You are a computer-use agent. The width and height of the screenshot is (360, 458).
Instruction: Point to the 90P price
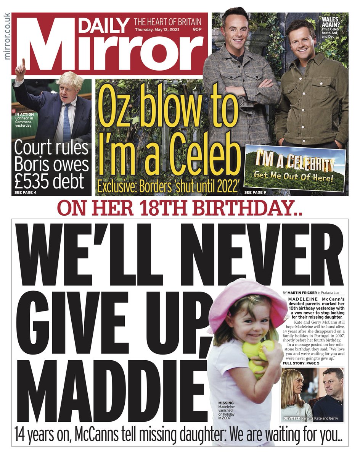tap(196, 29)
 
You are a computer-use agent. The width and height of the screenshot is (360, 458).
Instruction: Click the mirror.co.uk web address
tap(6, 36)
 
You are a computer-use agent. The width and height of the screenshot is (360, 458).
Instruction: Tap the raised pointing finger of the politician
tap(22, 62)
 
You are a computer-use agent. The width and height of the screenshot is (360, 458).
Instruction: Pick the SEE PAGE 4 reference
tap(26, 192)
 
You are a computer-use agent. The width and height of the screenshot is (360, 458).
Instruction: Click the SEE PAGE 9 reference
tap(255, 192)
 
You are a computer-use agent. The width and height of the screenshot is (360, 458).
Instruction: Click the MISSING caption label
tap(226, 403)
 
